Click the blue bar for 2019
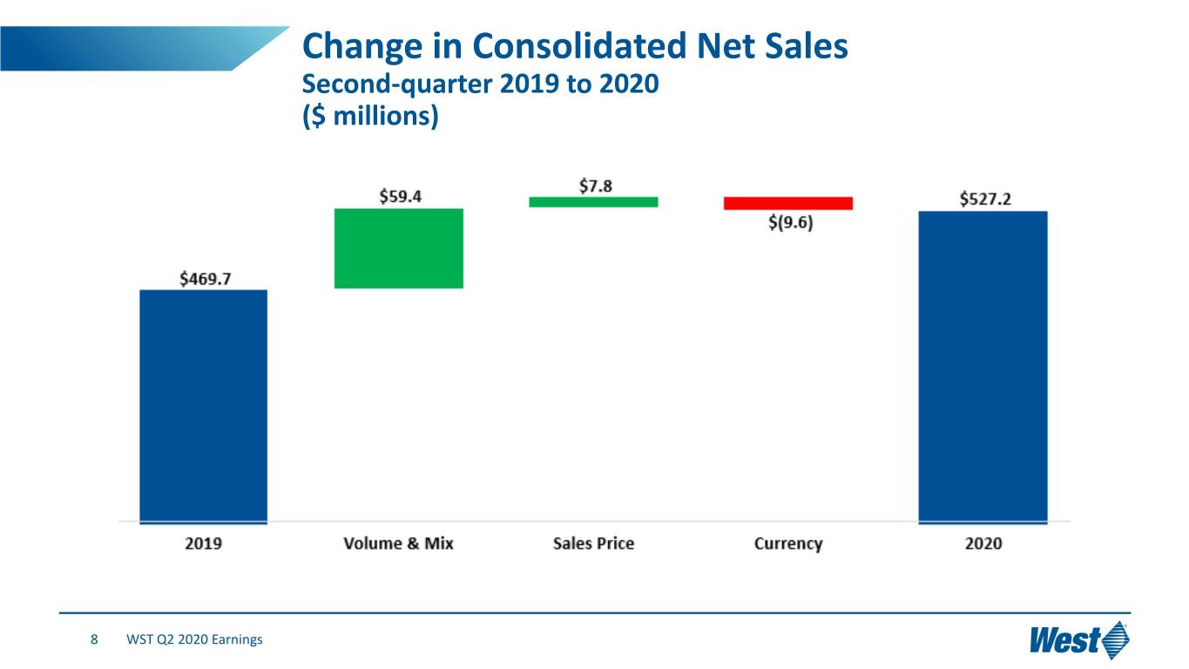coord(203,407)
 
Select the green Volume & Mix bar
coord(399,248)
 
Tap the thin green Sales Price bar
coord(593,202)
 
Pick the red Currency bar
coord(788,203)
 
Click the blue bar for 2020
coord(983,368)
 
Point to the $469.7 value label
coord(206,279)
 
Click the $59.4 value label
coord(400,197)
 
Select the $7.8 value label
coord(596,186)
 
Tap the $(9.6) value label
coord(790,222)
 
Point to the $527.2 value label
coord(985,199)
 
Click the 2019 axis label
coord(203,544)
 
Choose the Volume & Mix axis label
coord(399,544)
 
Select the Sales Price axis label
coord(593,544)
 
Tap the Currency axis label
coord(788,544)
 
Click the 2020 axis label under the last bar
coord(983,544)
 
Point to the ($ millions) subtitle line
coord(370,116)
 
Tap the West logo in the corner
coord(1079,639)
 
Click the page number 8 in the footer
coord(94,639)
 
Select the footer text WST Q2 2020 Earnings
coord(194,639)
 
